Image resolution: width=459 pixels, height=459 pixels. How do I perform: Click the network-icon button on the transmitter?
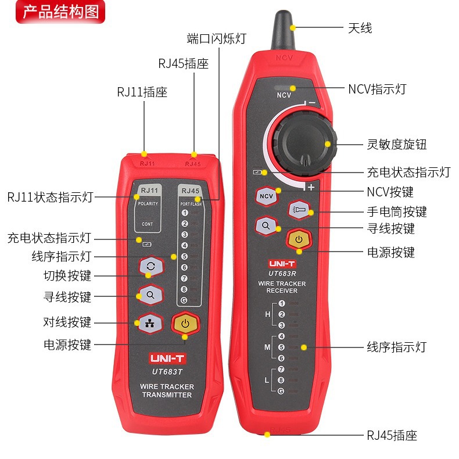150,323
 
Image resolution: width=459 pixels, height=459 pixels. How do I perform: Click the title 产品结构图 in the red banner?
60,12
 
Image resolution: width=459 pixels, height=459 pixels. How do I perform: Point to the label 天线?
360,27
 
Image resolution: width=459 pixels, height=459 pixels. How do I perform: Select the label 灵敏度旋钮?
397,144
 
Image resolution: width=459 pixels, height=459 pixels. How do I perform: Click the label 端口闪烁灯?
216,38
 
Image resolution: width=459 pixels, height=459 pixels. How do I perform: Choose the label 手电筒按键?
397,211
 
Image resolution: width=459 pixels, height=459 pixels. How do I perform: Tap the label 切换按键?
67,275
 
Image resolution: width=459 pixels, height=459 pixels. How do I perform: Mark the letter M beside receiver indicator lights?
267,347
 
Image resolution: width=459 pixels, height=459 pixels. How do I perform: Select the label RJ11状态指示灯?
50,197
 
